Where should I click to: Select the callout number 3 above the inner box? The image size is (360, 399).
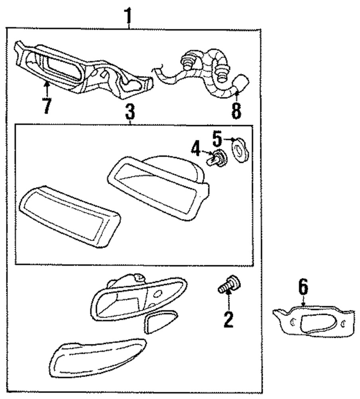(130, 113)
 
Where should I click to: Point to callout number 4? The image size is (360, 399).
(195, 150)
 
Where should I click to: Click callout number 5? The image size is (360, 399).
(216, 139)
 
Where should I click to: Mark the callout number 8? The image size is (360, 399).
(236, 111)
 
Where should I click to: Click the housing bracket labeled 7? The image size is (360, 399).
(80, 70)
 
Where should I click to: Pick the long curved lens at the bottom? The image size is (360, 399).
(96, 357)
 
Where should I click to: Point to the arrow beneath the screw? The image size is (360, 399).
(228, 299)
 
